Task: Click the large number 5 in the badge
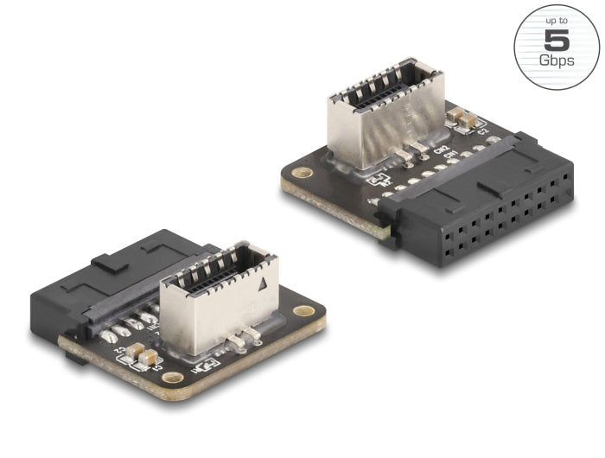[x=556, y=40]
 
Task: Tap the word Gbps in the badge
[x=556, y=60]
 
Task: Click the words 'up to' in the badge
[x=556, y=19]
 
